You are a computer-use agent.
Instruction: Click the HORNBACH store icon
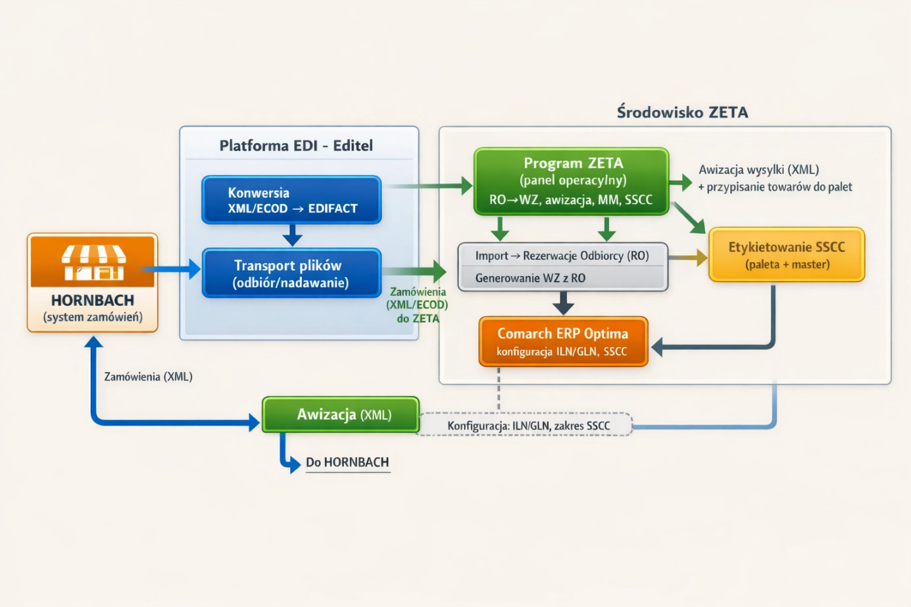click(93, 262)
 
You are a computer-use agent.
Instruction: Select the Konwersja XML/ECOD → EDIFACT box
click(291, 200)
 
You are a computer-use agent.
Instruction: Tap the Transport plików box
click(291, 274)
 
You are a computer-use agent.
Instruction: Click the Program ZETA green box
click(571, 182)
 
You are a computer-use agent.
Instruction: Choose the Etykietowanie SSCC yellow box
click(787, 255)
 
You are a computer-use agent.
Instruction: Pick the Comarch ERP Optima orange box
click(563, 341)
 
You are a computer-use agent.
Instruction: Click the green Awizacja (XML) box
click(341, 415)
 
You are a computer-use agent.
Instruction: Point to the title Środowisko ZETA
click(682, 112)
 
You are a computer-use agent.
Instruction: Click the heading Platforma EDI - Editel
click(296, 145)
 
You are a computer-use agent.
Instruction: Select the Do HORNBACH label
click(347, 462)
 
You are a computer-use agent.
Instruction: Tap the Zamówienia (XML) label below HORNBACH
click(148, 377)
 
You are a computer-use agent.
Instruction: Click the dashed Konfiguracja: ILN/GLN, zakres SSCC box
click(528, 425)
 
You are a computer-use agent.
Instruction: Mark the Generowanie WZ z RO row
click(530, 278)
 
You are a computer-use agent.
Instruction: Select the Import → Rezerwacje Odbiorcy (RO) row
click(562, 256)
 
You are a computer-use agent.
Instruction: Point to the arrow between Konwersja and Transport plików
click(292, 235)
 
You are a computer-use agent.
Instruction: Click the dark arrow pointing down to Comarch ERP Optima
click(563, 303)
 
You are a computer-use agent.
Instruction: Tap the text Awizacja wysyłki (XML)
click(758, 170)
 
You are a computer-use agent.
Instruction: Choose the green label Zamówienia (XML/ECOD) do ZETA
click(418, 305)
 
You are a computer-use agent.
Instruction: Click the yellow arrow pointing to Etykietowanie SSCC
click(688, 258)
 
